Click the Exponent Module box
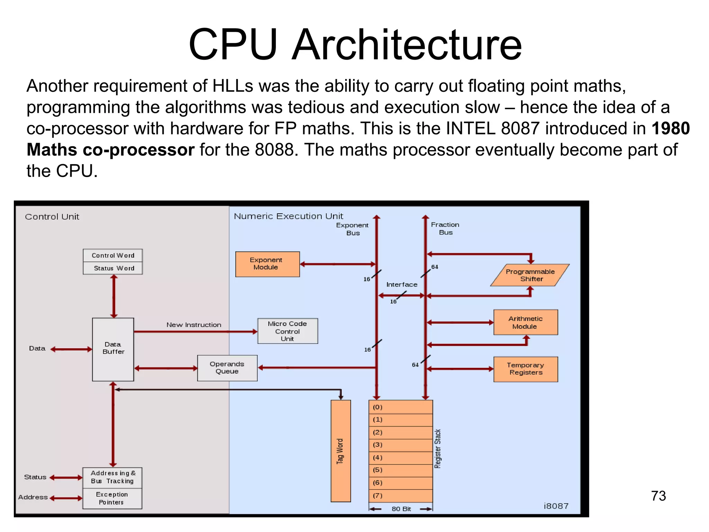[267, 264]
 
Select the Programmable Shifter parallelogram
[530, 275]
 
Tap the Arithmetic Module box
[525, 322]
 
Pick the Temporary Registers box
[525, 369]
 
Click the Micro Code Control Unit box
[287, 331]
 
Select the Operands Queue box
[227, 368]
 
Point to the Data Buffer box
[113, 349]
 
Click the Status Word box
[113, 268]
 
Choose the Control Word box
[113, 256]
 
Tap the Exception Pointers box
[112, 498]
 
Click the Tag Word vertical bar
[341, 451]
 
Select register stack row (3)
[401, 445]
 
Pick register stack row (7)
[401, 496]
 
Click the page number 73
[658, 496]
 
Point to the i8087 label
[556, 506]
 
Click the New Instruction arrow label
[194, 325]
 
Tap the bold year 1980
[671, 128]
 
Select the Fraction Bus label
[445, 229]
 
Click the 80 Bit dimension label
[401, 509]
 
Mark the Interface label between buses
[402, 285]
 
